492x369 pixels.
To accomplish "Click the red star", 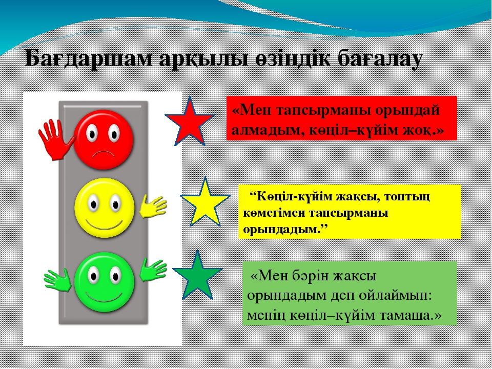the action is [190, 123].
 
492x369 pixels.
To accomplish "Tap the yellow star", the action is [205, 203].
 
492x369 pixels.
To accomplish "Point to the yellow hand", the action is [153, 206].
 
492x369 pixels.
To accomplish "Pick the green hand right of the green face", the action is [153, 270].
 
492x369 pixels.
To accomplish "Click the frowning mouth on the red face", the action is [104, 154].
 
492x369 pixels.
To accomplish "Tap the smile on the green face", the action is [104, 297].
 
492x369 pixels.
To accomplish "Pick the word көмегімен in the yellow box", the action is [274, 213].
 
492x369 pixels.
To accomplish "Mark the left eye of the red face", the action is [92, 133].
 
